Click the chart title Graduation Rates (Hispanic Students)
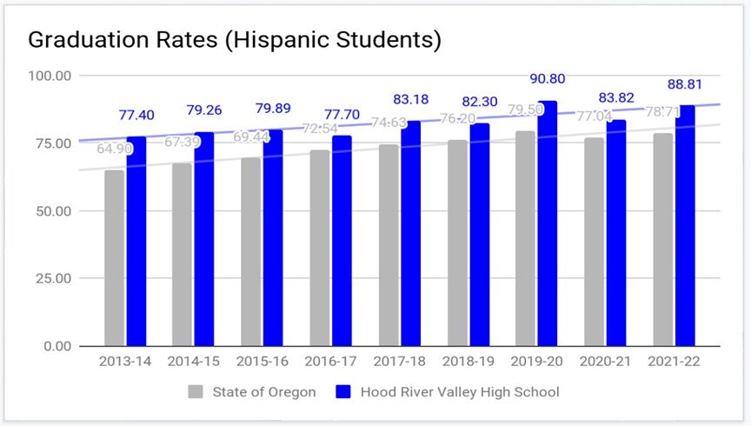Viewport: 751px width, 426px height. click(x=235, y=39)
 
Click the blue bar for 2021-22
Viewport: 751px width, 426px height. click(x=685, y=225)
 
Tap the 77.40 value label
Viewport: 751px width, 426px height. click(x=136, y=115)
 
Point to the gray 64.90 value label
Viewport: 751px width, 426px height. click(x=115, y=149)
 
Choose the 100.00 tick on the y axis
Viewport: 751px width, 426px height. click(x=50, y=76)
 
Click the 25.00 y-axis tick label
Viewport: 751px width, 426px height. click(x=54, y=278)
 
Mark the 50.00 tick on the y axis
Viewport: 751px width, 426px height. click(x=54, y=211)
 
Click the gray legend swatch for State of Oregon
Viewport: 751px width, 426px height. click(x=196, y=392)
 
